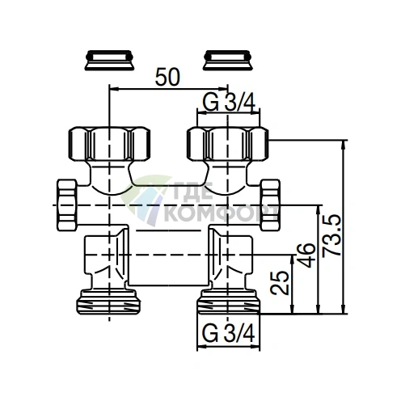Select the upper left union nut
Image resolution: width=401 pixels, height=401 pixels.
pos(108,143)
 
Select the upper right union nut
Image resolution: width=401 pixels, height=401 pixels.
pos(226,143)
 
